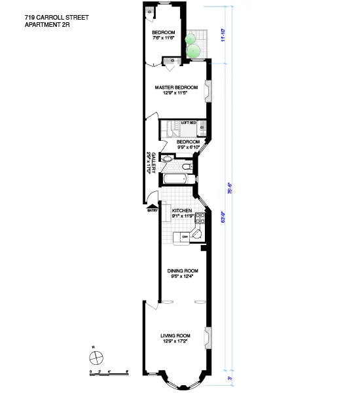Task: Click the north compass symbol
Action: [96, 357]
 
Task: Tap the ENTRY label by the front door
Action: [153, 210]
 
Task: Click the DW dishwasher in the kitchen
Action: [185, 236]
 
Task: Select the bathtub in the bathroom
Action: [175, 178]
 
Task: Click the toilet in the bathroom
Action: [187, 166]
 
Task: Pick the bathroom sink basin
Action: [167, 159]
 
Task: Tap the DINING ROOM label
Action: [183, 270]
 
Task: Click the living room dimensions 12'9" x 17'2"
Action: [175, 342]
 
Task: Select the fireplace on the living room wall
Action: [209, 337]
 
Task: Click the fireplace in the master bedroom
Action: [209, 91]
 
